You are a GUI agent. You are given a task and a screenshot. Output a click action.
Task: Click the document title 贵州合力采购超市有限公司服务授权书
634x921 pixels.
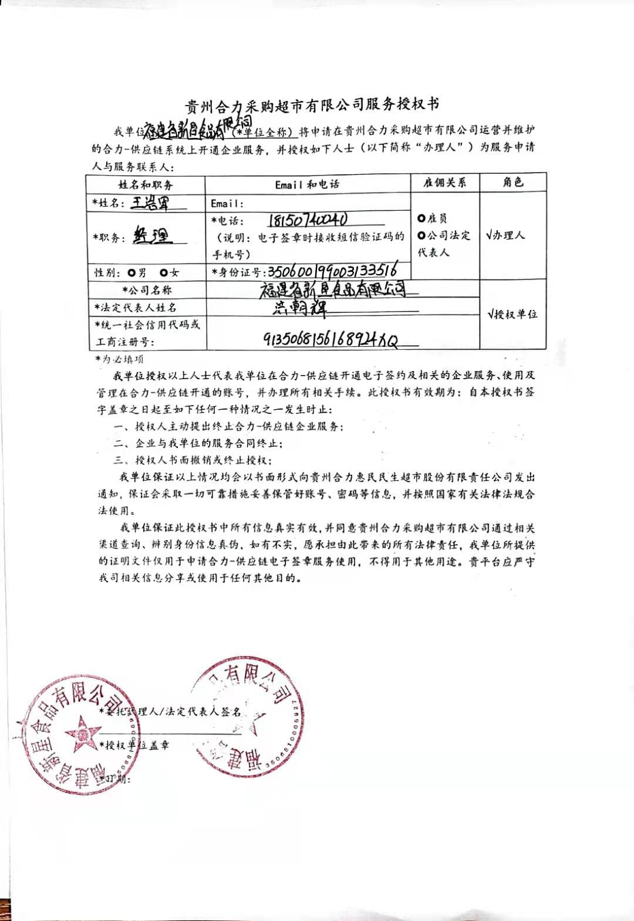pos(312,106)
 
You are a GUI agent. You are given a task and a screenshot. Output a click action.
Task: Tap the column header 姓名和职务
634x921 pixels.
pos(146,185)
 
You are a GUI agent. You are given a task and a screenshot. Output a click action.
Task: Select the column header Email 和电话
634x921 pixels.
pos(307,184)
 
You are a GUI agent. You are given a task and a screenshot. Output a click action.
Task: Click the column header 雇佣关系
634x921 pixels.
pos(445,183)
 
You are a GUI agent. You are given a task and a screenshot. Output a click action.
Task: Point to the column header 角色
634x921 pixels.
pos(512,182)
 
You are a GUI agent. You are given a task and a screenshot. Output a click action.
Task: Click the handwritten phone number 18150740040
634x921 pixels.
pos(308,220)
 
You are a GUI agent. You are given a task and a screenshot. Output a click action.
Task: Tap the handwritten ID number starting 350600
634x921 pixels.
pos(332,271)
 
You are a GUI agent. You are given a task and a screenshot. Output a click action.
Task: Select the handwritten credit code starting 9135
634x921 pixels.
pos(331,340)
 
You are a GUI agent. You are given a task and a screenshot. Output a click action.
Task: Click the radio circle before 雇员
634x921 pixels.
pos(421,218)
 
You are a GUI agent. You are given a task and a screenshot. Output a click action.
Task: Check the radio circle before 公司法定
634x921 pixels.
pos(421,235)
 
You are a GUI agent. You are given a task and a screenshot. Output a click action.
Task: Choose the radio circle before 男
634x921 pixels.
pos(131,272)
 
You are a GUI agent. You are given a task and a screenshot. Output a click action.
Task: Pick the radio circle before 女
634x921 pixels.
pos(163,272)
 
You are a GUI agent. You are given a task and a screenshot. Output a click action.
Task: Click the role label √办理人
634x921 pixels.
pos(505,235)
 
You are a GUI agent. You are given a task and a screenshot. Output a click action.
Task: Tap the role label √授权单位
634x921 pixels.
pos(512,314)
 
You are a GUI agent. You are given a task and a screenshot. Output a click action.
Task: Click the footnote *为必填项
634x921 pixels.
pos(120,359)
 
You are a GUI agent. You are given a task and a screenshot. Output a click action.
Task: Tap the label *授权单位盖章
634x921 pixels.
pos(134,745)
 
